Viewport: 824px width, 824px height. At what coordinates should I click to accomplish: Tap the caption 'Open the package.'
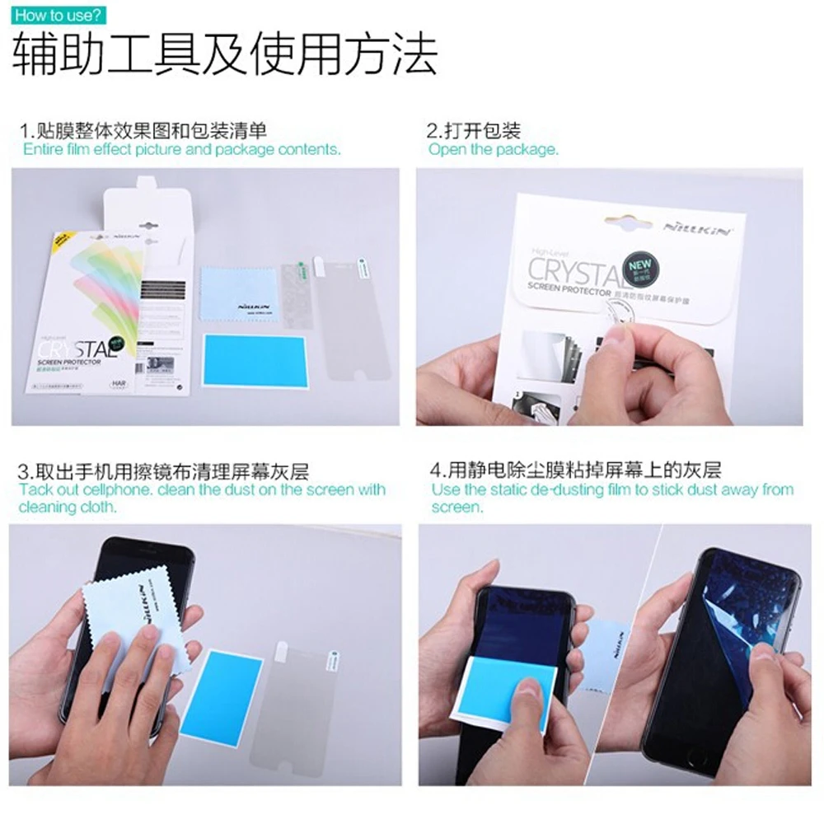(x=493, y=149)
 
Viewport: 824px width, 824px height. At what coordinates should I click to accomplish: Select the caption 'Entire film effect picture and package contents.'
(x=181, y=149)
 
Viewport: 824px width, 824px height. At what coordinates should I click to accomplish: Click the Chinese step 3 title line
(x=164, y=471)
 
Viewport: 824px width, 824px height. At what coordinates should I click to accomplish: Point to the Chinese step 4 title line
(x=576, y=471)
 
